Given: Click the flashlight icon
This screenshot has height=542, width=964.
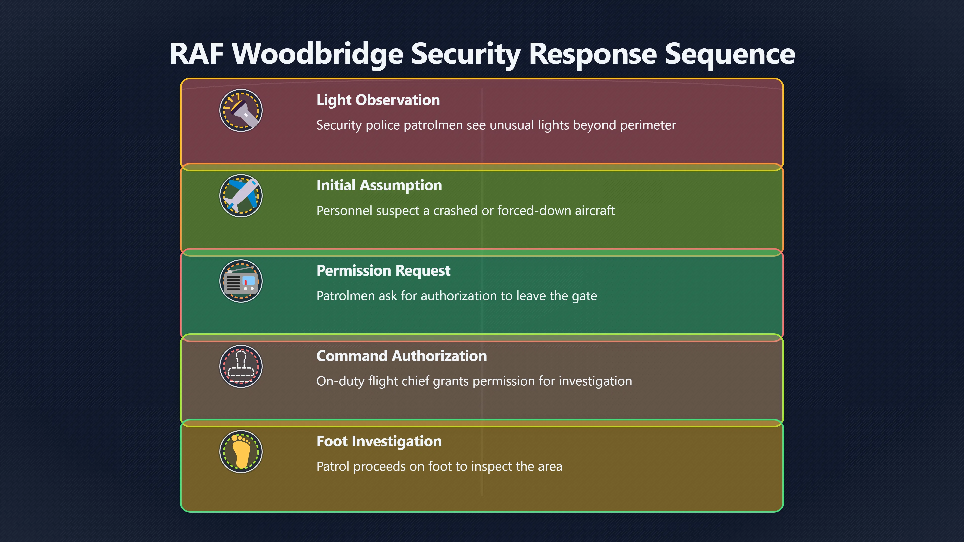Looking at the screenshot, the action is pos(241,110).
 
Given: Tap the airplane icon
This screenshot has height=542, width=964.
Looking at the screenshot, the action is pos(241,196).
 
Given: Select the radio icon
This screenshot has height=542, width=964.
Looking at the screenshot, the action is pos(241,281).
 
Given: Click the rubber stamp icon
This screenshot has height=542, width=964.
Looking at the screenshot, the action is pos(241,366).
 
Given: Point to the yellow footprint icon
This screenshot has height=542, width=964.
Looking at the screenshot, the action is pos(241,451).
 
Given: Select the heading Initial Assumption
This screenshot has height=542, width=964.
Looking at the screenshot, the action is pos(379,185).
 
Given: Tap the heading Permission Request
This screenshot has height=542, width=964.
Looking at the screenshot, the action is pos(383,271).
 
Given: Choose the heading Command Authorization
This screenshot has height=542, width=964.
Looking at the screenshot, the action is pos(402,356).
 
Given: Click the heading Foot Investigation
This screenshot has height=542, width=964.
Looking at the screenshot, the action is pos(379,441).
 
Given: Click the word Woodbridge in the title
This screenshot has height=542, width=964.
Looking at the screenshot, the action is pos(318,54).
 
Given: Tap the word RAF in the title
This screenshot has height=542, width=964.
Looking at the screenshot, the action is pos(197,54).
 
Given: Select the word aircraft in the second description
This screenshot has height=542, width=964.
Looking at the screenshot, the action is pos(595,211).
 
